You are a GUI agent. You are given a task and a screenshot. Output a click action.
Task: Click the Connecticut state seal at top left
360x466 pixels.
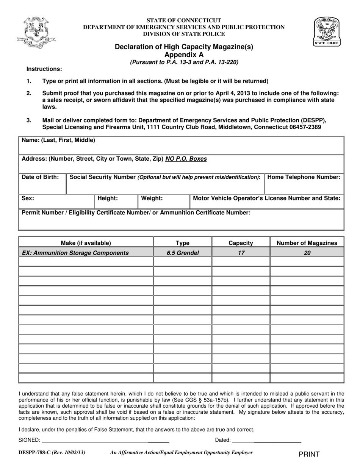[36, 32]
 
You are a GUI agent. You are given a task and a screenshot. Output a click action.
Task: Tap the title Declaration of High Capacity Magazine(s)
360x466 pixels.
[184, 47]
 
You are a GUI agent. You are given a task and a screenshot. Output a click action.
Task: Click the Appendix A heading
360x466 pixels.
[184, 55]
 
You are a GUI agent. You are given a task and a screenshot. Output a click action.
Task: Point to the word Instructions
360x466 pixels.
[44, 69]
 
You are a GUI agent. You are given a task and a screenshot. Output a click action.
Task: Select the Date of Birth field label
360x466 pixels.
[40, 177]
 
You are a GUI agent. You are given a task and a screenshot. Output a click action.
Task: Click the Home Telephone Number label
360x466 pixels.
[304, 177]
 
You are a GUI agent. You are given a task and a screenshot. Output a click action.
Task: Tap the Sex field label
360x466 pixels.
[28, 198]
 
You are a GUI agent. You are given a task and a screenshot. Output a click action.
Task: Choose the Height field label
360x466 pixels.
[108, 198]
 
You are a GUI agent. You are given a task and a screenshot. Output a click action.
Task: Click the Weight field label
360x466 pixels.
[152, 198]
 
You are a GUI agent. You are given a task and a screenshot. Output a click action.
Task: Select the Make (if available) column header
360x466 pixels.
[86, 243]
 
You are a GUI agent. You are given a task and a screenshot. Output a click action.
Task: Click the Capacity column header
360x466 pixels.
[241, 243]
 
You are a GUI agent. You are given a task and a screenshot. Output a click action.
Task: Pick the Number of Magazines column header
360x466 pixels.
[307, 243]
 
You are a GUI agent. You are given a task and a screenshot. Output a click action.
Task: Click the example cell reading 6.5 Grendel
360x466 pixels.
[183, 253]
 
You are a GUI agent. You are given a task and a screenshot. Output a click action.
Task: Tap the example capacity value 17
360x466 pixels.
[241, 253]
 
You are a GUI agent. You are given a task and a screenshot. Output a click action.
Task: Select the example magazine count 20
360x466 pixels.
[307, 253]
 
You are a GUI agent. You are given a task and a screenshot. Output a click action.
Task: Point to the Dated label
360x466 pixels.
[223, 440]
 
